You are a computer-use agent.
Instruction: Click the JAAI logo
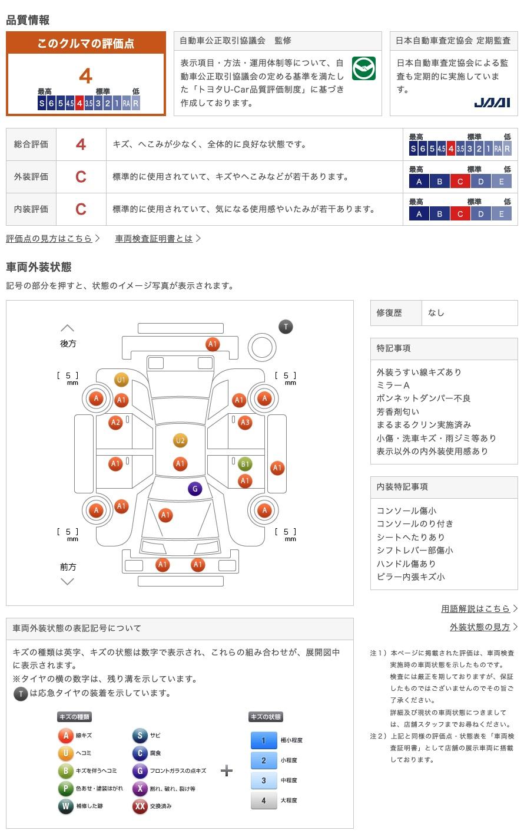tap(492, 103)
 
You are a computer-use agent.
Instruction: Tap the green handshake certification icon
tap(363, 69)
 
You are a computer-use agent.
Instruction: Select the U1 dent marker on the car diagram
tap(121, 380)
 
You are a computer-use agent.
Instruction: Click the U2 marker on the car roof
tap(180, 440)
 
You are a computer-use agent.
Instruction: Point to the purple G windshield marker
tap(195, 488)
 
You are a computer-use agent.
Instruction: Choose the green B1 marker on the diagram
tap(245, 464)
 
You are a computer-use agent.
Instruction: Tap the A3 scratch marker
tap(245, 422)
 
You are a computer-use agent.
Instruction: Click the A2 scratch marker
tap(115, 422)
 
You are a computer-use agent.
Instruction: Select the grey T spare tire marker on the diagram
tap(286, 327)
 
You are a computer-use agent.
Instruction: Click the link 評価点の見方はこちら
tap(49, 239)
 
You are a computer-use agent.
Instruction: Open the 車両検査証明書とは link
tap(154, 239)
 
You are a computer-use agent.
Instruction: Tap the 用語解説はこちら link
tap(476, 609)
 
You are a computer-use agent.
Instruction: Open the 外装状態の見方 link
tap(480, 627)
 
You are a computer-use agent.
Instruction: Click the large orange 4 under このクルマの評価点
tap(86, 76)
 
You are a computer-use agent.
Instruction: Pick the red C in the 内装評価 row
tap(81, 209)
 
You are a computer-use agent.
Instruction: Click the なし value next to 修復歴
tap(436, 313)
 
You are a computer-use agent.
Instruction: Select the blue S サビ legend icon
tap(140, 736)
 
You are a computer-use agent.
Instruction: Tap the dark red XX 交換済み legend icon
tap(140, 806)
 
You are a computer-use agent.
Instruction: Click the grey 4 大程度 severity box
tap(263, 801)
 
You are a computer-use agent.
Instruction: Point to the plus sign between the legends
tap(227, 771)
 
